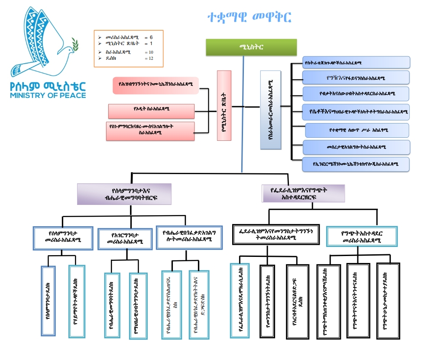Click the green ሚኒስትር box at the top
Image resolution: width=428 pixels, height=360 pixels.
pos(251,47)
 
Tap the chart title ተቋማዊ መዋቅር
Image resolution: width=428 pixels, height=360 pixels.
pos(249,17)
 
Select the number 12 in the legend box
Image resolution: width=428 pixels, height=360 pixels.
pos(151,58)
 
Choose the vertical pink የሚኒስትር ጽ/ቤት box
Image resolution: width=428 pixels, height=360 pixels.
pos(224,106)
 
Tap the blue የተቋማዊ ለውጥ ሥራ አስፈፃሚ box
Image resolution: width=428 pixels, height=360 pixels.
pos(357,130)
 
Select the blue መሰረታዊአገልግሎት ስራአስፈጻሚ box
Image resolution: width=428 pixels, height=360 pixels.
pos(356,147)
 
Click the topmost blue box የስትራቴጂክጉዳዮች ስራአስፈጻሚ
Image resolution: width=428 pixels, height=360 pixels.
pos(356,62)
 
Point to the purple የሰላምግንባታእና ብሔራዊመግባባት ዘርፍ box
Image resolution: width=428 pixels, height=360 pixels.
pos(124,194)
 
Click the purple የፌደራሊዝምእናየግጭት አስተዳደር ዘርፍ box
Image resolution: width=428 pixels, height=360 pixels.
pos(304,193)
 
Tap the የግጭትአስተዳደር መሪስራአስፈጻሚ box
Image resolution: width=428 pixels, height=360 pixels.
pos(361,237)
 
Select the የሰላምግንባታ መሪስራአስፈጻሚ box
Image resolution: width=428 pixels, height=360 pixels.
pos(63,238)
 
